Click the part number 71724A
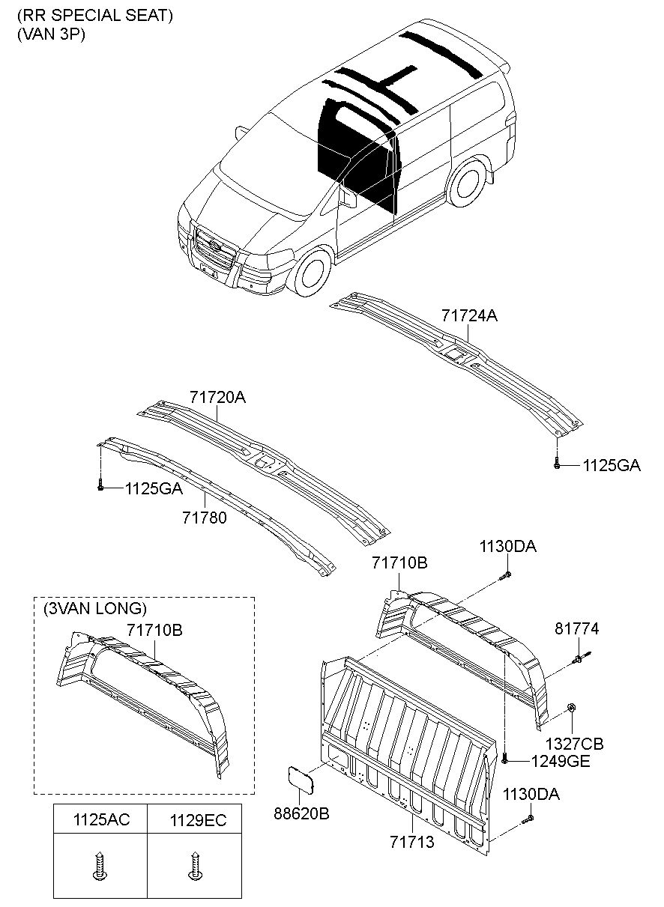point(469,316)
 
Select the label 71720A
point(217,398)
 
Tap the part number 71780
point(204,518)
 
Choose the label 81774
point(576,628)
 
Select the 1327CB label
point(573,744)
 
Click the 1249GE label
point(561,761)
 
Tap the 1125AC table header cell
point(100,820)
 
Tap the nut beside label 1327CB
point(572,708)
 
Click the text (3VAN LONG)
point(95,607)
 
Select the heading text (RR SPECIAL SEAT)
point(95,16)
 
